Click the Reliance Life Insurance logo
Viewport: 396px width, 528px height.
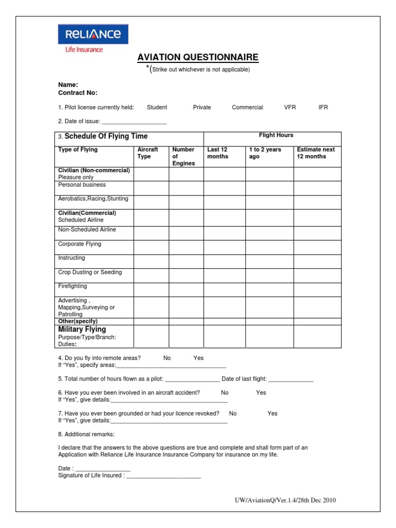click(93, 39)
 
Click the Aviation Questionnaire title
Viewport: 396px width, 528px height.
click(197, 57)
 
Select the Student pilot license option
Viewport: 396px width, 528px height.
click(157, 107)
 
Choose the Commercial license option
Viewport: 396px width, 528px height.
click(247, 107)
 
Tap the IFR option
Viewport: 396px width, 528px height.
click(323, 107)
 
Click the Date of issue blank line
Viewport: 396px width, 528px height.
click(134, 123)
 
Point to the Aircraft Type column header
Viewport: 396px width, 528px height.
click(147, 153)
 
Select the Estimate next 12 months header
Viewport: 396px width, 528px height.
click(316, 153)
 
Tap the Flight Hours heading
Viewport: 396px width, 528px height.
click(276, 136)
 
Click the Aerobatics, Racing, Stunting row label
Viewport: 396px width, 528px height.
click(93, 199)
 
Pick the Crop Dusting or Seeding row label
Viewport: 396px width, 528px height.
click(90, 272)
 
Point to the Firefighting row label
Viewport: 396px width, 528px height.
click(73, 286)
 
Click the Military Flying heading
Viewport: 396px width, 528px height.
click(82, 329)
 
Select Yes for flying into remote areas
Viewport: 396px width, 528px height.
click(199, 358)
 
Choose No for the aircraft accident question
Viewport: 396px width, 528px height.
click(224, 393)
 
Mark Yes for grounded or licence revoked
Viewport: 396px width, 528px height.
click(272, 414)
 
